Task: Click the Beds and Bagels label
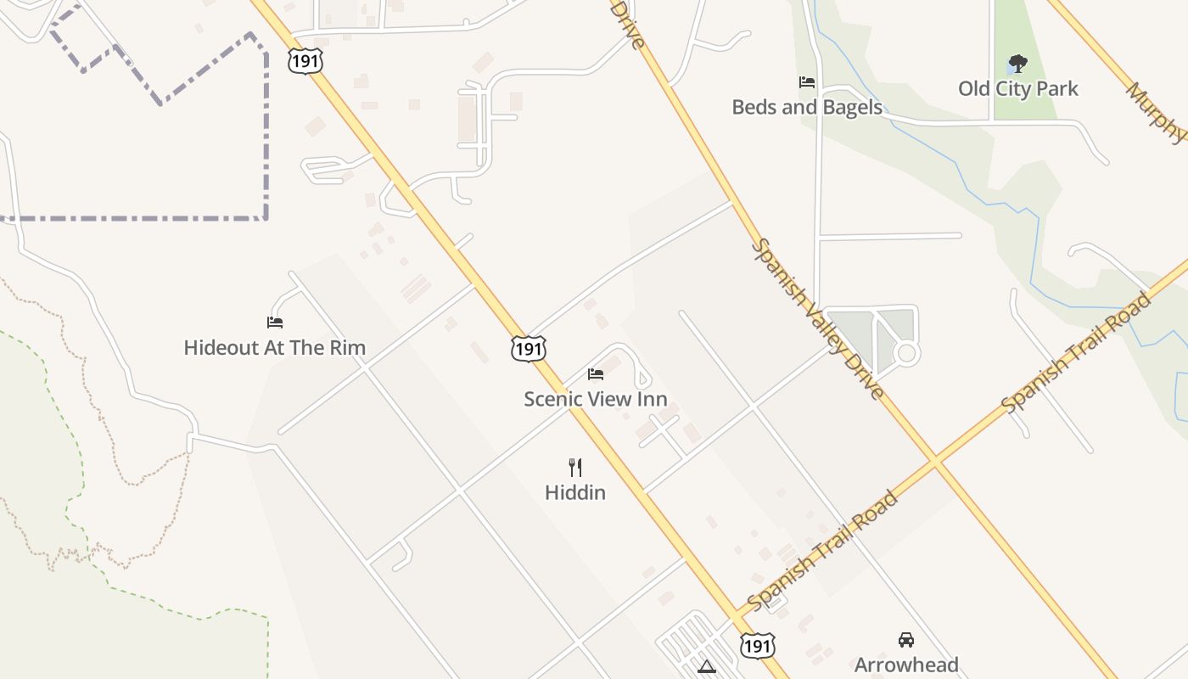coord(807,108)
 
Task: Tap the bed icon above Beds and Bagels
coord(806,82)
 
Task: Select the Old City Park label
coord(1018,88)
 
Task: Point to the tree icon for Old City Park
coord(1017,64)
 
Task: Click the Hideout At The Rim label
coord(275,347)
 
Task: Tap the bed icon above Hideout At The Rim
coord(275,323)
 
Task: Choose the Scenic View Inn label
coord(596,399)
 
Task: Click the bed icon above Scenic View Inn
coord(596,374)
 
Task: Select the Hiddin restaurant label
coord(575,492)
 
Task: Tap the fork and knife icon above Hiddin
coord(575,467)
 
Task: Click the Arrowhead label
coord(906,665)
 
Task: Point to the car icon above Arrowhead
coord(906,640)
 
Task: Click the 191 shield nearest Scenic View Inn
coord(528,348)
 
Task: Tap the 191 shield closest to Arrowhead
coord(756,646)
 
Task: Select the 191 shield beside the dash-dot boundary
coord(305,60)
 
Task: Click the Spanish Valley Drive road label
coord(819,319)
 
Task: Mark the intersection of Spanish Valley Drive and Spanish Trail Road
coord(935,461)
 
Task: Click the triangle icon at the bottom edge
coord(706,668)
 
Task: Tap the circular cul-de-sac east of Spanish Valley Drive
coord(907,352)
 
